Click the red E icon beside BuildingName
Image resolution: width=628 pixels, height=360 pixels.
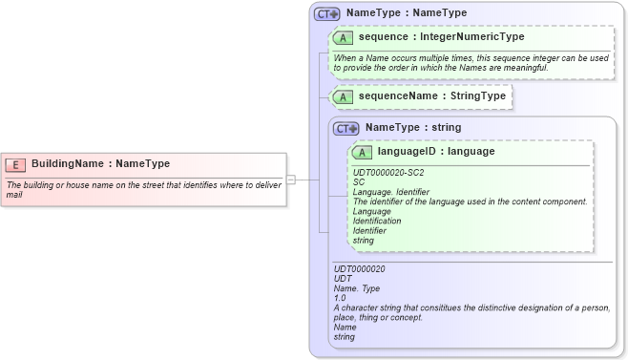[x=16, y=164]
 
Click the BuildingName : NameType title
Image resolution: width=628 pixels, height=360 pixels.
[x=100, y=164]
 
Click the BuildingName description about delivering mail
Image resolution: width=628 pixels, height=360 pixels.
[x=143, y=189]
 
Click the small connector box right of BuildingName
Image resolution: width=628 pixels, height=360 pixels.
[x=291, y=180]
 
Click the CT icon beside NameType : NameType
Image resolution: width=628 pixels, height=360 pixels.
[x=327, y=13]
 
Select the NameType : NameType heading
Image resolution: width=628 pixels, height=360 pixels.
[x=406, y=13]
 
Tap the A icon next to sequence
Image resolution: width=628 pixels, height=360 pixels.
[x=343, y=37]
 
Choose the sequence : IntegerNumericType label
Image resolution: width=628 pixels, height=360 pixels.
[x=441, y=37]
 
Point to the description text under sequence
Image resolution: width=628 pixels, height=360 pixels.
[x=471, y=63]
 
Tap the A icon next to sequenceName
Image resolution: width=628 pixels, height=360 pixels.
[x=343, y=96]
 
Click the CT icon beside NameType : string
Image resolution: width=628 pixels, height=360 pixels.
[x=346, y=128]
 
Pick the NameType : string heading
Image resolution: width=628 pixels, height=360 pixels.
[x=412, y=128]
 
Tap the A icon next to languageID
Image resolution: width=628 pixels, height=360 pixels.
[x=362, y=152]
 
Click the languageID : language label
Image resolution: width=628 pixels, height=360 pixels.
[x=435, y=152]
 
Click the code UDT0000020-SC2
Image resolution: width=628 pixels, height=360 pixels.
[x=388, y=173]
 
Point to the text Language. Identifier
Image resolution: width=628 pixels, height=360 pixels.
[x=391, y=192]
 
